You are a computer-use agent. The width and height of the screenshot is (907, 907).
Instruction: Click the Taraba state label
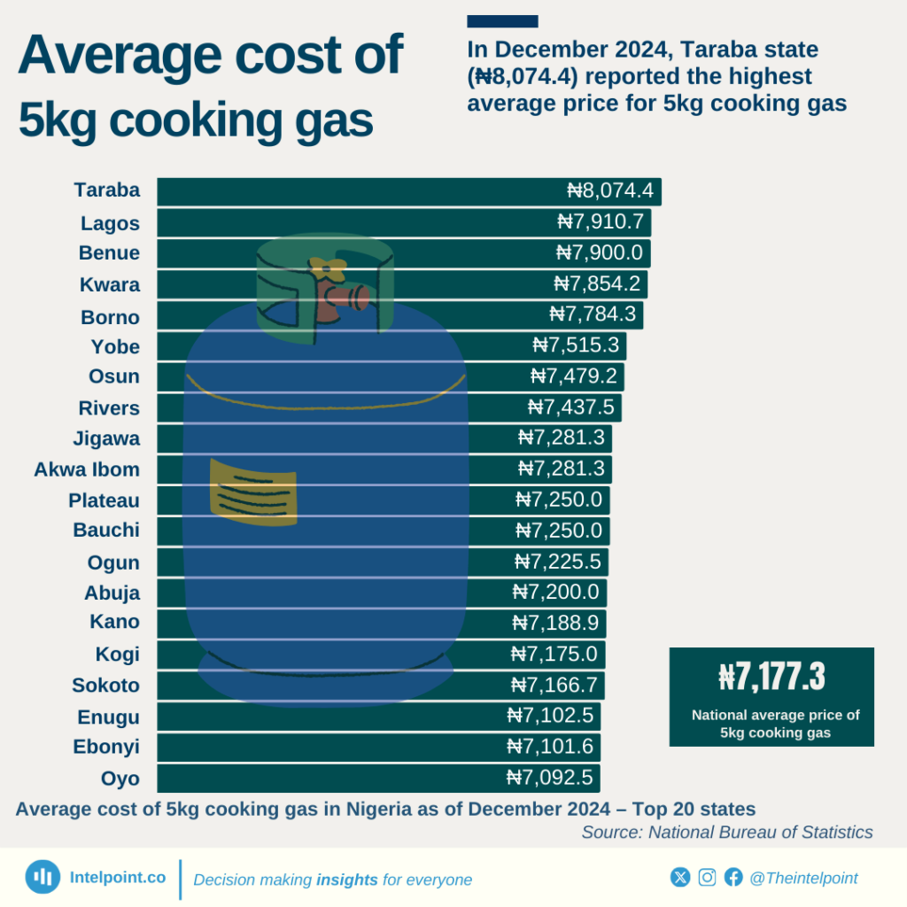pos(107,190)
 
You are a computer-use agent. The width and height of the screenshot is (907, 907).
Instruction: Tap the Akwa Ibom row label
pos(87,469)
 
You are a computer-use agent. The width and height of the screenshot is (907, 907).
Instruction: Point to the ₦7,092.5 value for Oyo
pos(553,779)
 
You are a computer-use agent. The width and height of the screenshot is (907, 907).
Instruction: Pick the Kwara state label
pos(110,284)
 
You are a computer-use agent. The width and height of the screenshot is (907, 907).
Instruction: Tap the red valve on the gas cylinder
pos(339,299)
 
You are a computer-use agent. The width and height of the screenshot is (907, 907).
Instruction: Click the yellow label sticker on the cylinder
pos(252,493)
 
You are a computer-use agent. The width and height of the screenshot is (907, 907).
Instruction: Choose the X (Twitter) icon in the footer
pos(680,877)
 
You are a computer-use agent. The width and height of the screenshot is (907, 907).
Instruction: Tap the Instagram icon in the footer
pos(707,877)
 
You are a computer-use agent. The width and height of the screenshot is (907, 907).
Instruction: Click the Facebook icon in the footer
pos(733,877)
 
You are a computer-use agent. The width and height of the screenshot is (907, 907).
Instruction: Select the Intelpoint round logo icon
pos(43,877)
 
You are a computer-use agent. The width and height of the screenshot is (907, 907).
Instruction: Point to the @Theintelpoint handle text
pos(803,878)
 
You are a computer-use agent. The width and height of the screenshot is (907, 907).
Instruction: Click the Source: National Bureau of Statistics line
pos(727,833)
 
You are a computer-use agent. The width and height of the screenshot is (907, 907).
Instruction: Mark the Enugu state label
pos(109,717)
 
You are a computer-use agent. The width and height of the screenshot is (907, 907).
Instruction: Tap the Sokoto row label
pos(106,685)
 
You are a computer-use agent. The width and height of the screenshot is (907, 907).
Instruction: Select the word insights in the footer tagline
pos(347,880)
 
